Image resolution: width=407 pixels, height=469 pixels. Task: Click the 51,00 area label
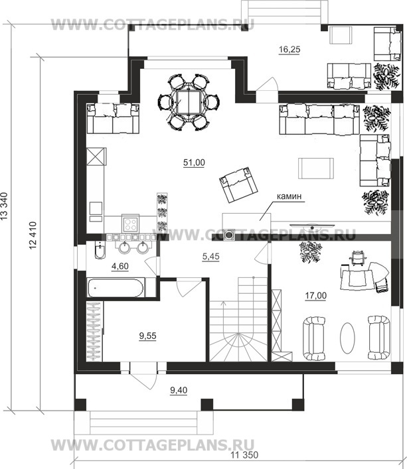[194, 163]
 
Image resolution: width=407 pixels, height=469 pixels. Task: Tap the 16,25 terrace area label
[289, 50]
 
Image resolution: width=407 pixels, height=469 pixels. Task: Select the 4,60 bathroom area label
[120, 266]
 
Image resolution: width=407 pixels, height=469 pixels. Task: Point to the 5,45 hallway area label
[210, 257]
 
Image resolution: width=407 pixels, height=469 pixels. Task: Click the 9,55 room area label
[147, 336]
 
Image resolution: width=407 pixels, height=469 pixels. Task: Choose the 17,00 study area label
[316, 296]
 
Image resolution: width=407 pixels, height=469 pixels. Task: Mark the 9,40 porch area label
[179, 390]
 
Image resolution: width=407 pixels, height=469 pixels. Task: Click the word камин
[289, 196]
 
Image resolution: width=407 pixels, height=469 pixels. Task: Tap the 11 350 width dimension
[244, 455]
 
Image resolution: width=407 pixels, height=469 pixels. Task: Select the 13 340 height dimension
[4, 206]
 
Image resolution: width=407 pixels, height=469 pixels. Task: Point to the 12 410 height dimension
[33, 235]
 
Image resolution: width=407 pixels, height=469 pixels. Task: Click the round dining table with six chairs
[188, 102]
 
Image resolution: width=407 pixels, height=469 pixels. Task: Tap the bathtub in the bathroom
[116, 288]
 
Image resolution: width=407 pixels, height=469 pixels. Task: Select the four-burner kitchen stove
[130, 223]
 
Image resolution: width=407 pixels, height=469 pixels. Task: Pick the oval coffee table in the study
[347, 338]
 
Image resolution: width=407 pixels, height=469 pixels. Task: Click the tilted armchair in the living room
[238, 185]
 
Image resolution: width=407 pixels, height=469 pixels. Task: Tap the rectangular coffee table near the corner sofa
[316, 168]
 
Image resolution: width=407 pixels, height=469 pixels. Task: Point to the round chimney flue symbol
[230, 235]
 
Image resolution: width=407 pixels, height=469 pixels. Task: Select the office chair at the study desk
[358, 257]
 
